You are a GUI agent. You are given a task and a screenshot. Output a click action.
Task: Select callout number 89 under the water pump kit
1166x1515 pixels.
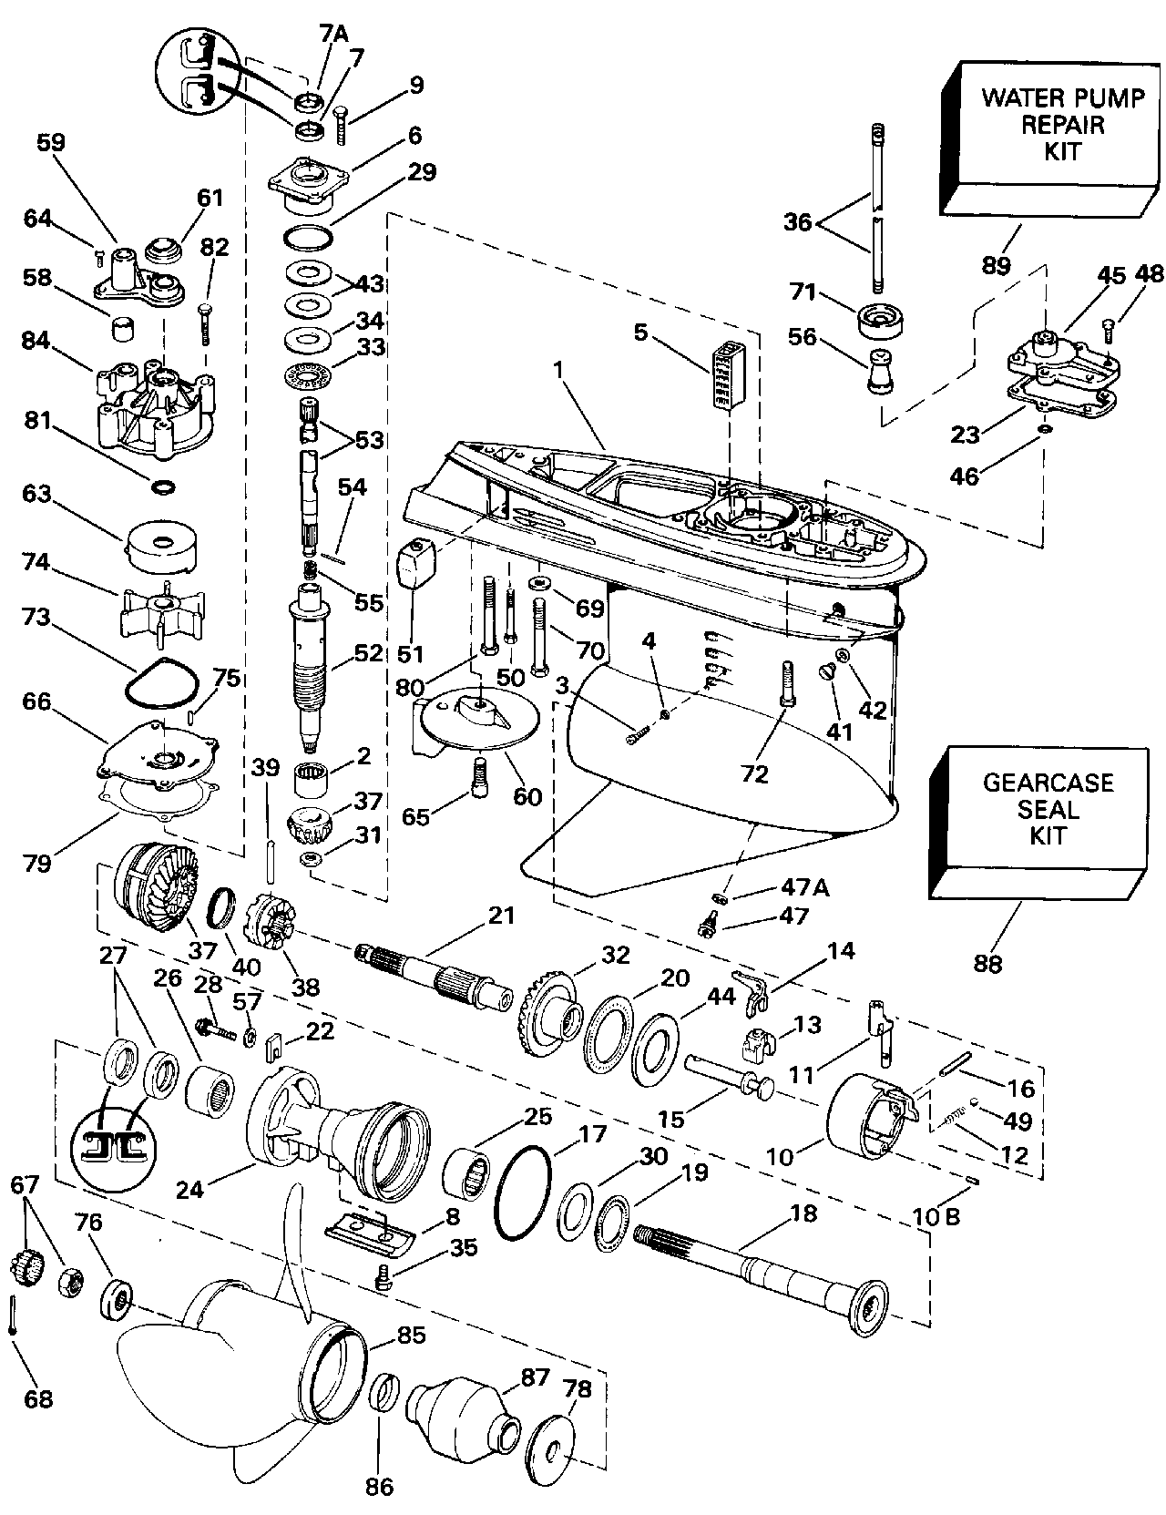click(x=997, y=265)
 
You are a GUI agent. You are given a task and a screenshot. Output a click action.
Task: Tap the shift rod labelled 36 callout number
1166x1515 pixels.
click(x=798, y=221)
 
